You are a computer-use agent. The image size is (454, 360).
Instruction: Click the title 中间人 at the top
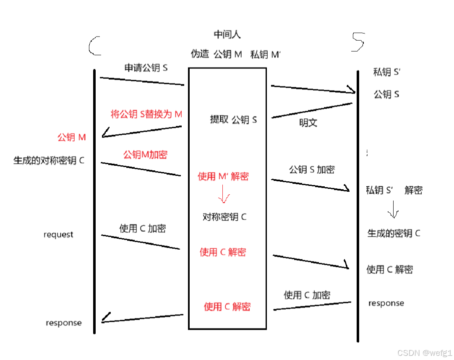227,34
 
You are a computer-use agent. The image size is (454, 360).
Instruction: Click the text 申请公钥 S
146,68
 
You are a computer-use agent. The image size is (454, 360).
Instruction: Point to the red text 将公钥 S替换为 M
146,114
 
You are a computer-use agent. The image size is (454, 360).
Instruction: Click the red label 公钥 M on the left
72,137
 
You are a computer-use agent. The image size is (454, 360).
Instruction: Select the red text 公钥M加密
145,155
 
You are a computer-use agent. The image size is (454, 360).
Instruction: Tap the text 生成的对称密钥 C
49,161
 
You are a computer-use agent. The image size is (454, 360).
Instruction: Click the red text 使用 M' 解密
223,177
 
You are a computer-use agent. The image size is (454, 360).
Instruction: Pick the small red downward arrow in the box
223,195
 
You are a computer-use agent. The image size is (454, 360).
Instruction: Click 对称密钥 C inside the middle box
224,217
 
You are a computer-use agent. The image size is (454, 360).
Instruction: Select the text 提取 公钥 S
233,120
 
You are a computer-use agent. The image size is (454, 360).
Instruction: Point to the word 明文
308,123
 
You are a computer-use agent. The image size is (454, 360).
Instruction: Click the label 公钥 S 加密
312,170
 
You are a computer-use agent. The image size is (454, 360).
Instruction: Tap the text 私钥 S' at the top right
386,72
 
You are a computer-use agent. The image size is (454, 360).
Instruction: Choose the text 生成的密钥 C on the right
394,234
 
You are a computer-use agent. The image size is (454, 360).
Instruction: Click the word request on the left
58,235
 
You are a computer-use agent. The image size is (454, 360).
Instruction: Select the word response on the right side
386,303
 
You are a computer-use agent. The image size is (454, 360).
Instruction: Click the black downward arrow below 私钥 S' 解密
393,209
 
